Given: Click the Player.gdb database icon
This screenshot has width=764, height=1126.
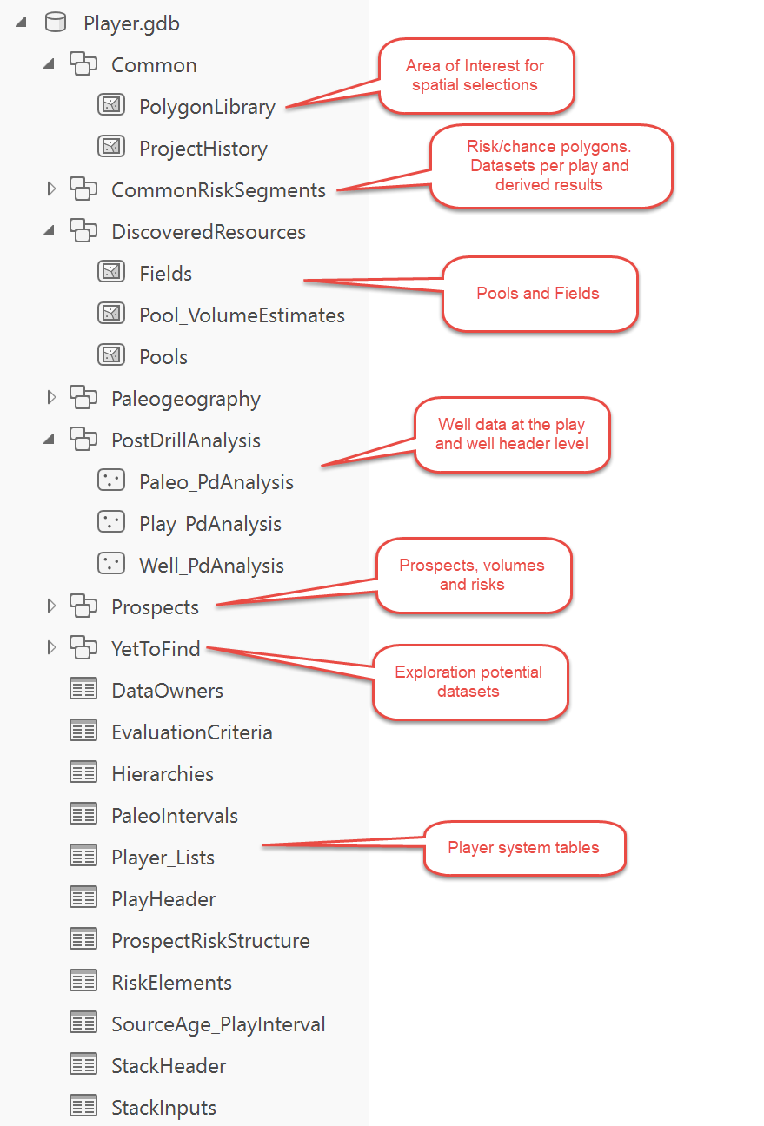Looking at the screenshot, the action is (x=56, y=23).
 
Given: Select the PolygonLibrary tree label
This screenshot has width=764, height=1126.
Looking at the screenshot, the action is (x=207, y=108).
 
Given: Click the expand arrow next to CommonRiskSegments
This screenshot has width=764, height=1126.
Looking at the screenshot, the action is (x=50, y=189).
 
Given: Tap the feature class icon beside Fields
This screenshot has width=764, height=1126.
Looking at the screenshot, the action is (x=111, y=272).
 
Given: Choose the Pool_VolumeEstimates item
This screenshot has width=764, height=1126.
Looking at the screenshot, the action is (x=242, y=315).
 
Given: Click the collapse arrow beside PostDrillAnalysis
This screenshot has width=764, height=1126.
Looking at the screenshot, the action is (x=50, y=440).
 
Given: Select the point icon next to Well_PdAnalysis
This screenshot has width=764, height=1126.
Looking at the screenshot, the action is (x=111, y=564).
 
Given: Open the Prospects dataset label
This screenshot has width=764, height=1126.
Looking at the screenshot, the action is (x=155, y=607).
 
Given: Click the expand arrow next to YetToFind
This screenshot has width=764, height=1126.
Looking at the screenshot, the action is (x=50, y=647).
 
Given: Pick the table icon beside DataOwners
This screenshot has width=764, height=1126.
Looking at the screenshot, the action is (x=83, y=689).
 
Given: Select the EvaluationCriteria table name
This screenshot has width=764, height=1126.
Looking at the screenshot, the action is (x=191, y=732).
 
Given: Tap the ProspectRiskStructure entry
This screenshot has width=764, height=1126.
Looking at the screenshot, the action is (x=210, y=941).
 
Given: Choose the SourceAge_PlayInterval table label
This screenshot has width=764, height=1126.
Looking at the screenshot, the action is (x=218, y=1025).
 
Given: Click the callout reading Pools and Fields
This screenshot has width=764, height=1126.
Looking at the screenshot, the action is (x=540, y=294).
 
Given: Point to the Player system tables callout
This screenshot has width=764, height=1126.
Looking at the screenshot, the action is (x=525, y=848).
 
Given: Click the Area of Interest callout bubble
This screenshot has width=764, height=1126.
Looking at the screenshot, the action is (x=476, y=76).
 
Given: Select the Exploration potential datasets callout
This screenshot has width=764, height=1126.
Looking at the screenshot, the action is (x=470, y=682).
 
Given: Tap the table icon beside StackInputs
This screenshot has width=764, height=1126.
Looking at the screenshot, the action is (x=83, y=1106).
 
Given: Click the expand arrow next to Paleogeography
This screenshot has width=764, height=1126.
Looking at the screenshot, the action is (x=50, y=398).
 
